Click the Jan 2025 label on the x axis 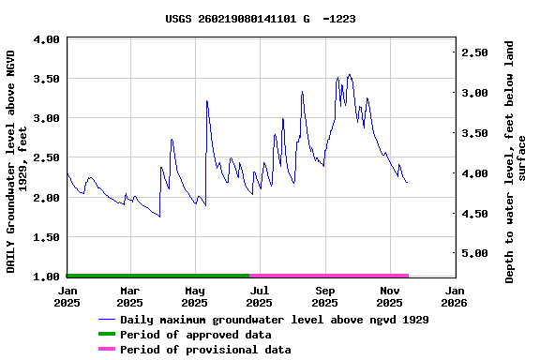(67, 296)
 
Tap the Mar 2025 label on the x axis (129, 296)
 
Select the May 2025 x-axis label (194, 296)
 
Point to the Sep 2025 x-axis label (324, 296)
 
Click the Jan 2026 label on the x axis (455, 296)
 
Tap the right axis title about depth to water (516, 161)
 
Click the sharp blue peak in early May (206, 101)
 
